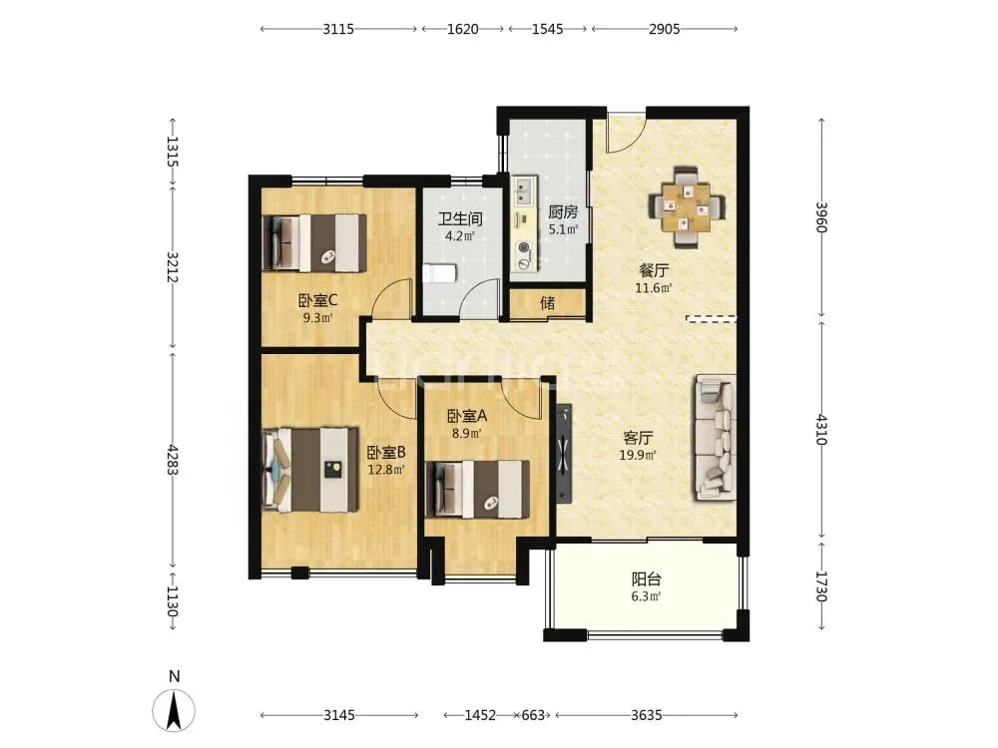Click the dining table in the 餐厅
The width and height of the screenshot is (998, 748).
click(x=687, y=206)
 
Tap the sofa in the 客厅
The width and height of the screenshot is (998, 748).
click(x=715, y=437)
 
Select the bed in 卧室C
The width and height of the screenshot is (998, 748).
click(x=315, y=243)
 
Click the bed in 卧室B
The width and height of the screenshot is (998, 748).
click(x=310, y=470)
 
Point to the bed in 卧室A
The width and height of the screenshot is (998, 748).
click(x=477, y=489)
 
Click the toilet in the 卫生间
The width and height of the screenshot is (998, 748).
click(x=440, y=274)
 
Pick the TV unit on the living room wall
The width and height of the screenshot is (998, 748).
click(x=563, y=454)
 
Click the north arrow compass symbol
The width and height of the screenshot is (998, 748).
click(x=174, y=709)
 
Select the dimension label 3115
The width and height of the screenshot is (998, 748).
click(x=338, y=29)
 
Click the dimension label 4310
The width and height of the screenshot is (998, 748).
click(x=821, y=429)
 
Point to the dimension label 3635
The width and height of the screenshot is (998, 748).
click(x=646, y=715)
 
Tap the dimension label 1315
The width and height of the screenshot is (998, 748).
click(x=172, y=152)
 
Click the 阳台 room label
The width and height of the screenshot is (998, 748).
click(x=646, y=578)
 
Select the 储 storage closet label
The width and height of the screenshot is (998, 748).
click(x=547, y=303)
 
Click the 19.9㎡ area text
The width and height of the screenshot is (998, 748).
click(x=638, y=455)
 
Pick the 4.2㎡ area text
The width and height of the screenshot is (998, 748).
click(x=460, y=236)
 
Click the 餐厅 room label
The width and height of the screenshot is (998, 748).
click(x=654, y=270)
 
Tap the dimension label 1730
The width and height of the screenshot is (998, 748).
click(x=821, y=586)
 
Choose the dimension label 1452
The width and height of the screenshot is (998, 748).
click(x=480, y=715)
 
